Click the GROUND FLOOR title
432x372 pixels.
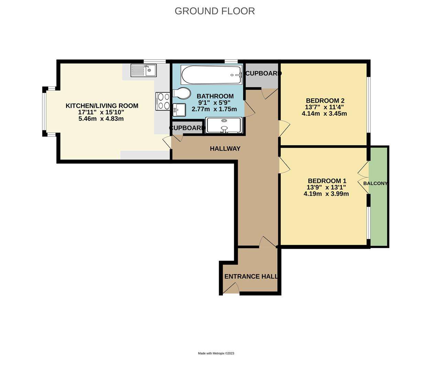pyautogui.click(x=215, y=11)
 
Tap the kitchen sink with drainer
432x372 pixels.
pyautogui.click(x=143, y=71)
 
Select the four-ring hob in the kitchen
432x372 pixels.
pyautogui.click(x=163, y=101)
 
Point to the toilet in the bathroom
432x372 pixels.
pyautogui.click(x=182, y=93)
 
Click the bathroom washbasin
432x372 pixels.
pyautogui.click(x=179, y=110)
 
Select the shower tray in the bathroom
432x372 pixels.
pyautogui.click(x=224, y=125)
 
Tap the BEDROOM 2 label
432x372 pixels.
pyautogui.click(x=325, y=101)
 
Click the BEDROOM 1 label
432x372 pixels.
pyautogui.click(x=327, y=181)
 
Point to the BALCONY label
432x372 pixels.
pyautogui.click(x=375, y=183)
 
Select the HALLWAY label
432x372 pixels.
pyautogui.click(x=225, y=148)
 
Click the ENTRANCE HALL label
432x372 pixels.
pyautogui.click(x=251, y=276)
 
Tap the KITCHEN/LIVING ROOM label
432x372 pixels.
pyautogui.click(x=102, y=106)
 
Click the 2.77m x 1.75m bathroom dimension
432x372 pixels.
pyautogui.click(x=214, y=109)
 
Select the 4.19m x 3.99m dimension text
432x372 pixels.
pyautogui.click(x=326, y=194)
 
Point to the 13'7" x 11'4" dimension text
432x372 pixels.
pyautogui.click(x=324, y=107)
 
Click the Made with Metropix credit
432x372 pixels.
pyautogui.click(x=216, y=353)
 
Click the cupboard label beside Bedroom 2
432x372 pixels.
pyautogui.click(x=263, y=73)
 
